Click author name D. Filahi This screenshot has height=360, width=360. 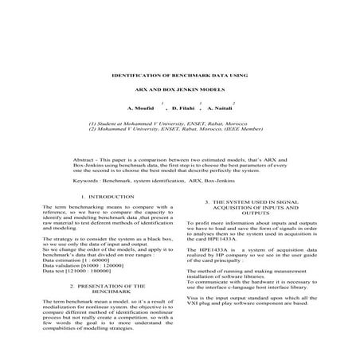pos(183,108)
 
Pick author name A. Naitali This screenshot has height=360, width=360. pos(220,108)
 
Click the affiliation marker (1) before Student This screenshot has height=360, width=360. pos(93,124)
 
